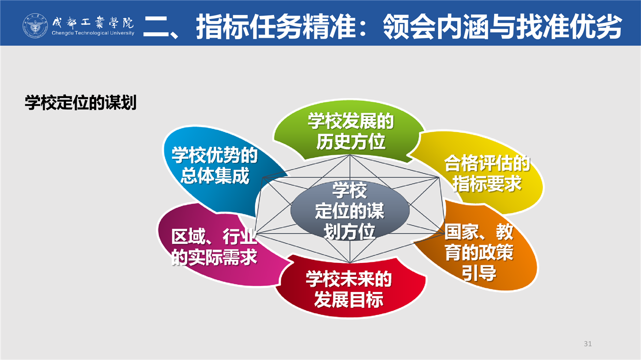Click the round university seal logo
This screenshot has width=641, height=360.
tap(35, 26)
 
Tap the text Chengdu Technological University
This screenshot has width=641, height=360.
tap(93, 33)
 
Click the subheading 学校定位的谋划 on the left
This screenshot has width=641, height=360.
tap(81, 103)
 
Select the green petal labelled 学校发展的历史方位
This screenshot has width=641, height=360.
tap(349, 130)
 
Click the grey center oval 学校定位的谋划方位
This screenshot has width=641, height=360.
tap(350, 211)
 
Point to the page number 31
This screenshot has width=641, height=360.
tap(588, 343)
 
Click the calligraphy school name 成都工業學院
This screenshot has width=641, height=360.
tap(93, 22)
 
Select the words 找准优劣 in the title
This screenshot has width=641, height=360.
tap(569, 27)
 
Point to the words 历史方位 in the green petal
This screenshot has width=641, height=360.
tap(351, 142)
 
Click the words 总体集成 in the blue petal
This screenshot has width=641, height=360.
tap(215, 176)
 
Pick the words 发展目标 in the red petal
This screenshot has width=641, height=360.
tap(349, 300)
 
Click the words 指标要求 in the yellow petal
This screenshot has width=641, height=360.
tap(487, 183)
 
